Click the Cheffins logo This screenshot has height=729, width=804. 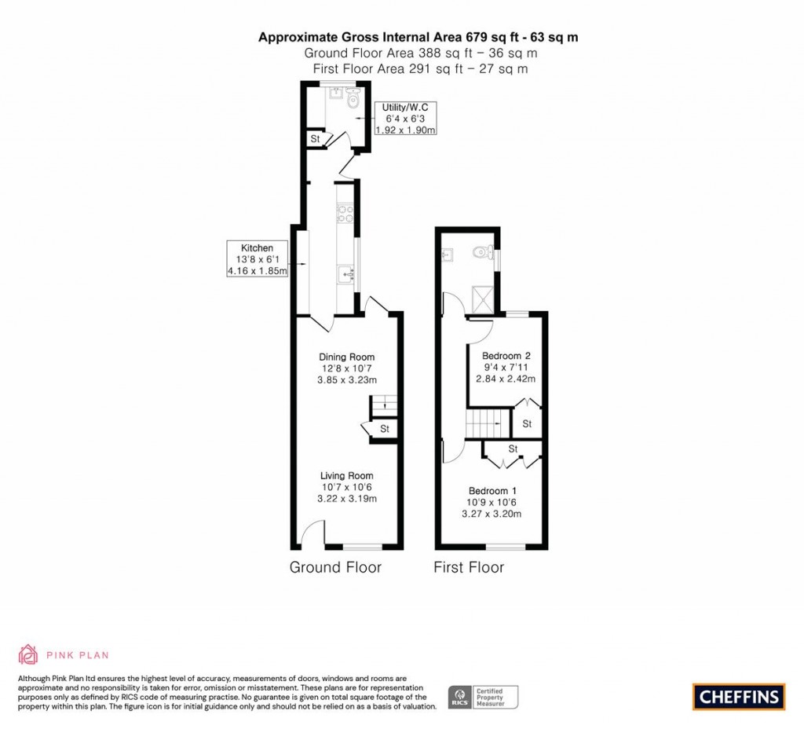coord(739,696)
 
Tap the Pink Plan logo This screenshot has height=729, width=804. coord(64,654)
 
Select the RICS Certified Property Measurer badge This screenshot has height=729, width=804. coord(484,697)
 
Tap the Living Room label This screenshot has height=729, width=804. coord(346,487)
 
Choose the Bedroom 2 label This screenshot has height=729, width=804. coord(505,367)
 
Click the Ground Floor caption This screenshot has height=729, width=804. coord(335,567)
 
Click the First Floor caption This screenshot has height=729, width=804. coord(469,567)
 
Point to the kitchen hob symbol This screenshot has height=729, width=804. coord(345,214)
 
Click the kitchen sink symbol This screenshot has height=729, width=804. coord(346,273)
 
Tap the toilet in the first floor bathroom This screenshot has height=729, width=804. coord(481,254)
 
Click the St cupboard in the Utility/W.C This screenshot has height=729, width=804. coord(316,139)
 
